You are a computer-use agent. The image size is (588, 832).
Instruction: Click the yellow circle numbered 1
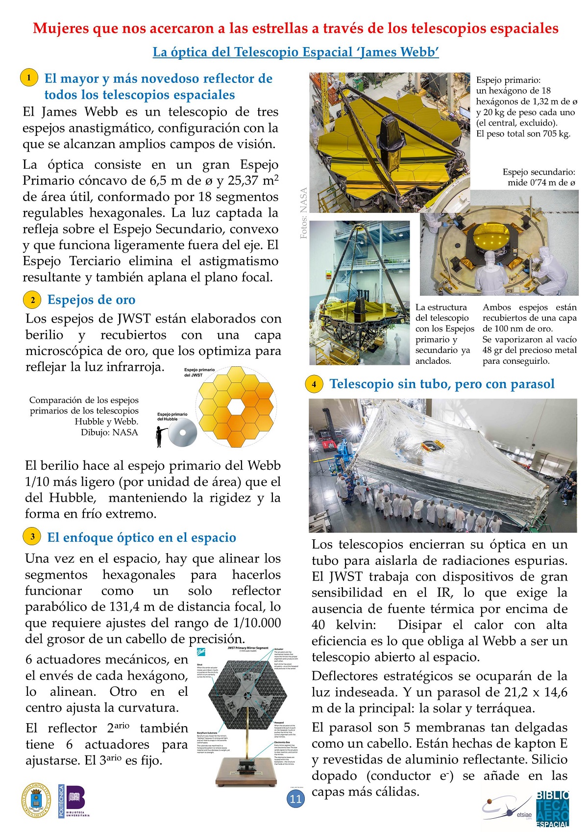click(29, 77)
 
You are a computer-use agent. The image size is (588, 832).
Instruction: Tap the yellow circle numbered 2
click(32, 300)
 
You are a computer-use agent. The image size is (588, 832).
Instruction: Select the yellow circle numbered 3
click(32, 537)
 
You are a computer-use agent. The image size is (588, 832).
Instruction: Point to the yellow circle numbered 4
click(314, 384)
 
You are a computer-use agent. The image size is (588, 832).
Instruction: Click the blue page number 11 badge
click(295, 799)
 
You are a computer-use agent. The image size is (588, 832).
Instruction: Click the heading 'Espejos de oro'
click(91, 300)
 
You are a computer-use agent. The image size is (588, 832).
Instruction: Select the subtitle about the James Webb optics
click(295, 52)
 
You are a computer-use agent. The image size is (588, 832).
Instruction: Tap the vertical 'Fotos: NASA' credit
click(304, 213)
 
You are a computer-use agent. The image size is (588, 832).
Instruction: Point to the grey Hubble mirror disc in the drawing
click(183, 433)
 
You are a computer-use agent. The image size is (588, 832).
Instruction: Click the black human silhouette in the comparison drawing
click(160, 436)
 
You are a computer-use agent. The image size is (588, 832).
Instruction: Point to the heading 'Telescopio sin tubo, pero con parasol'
click(442, 384)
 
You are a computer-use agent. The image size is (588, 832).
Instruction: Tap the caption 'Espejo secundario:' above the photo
click(539, 172)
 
